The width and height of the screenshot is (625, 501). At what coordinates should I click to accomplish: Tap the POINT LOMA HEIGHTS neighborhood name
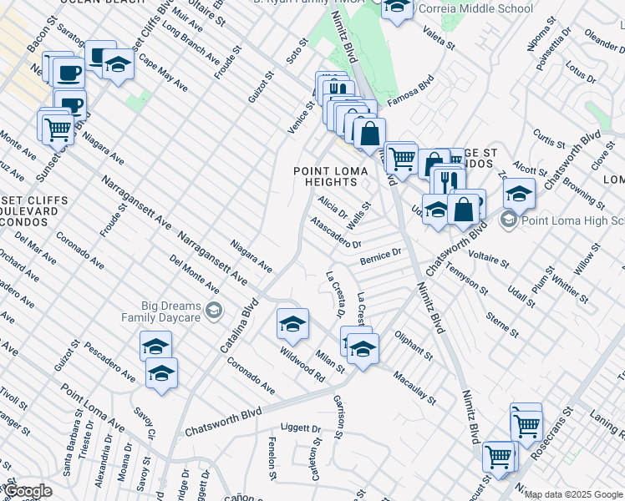325,176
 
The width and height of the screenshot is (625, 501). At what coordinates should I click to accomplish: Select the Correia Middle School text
474,8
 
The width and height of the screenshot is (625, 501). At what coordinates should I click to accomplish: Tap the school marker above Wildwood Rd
292,323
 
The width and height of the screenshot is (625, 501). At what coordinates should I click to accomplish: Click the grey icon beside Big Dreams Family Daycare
215,311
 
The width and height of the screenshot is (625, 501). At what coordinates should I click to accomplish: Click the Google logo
28,491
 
